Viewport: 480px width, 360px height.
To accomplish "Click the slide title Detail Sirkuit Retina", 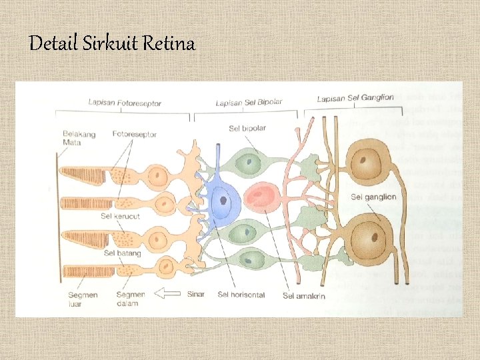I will pyautogui.click(x=112, y=45).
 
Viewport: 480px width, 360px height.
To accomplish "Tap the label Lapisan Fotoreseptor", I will pyautogui.click(x=125, y=103).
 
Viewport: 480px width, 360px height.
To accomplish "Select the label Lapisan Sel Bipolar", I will pyautogui.click(x=249, y=103).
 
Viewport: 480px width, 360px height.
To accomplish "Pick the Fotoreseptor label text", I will pyautogui.click(x=135, y=134).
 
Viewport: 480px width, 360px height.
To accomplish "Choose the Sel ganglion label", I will pyautogui.click(x=373, y=197).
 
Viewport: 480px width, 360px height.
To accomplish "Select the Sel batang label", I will pyautogui.click(x=119, y=253).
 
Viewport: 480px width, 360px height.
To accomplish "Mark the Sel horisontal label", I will pyautogui.click(x=241, y=295).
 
